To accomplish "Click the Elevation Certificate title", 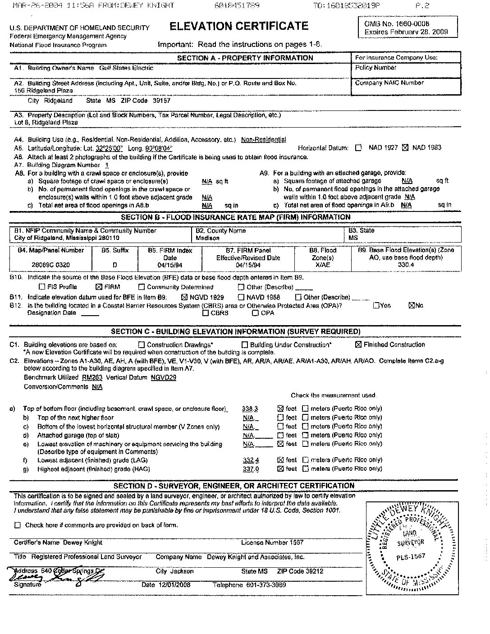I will pos(239,26).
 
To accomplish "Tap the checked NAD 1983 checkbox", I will pos(404,147).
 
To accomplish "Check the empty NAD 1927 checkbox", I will pos(358,147).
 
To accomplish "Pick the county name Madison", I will pos(207,238).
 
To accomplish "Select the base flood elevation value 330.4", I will pos(406,265).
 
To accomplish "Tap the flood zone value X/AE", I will pos(323,265).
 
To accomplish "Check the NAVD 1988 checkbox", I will pos(241,297).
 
